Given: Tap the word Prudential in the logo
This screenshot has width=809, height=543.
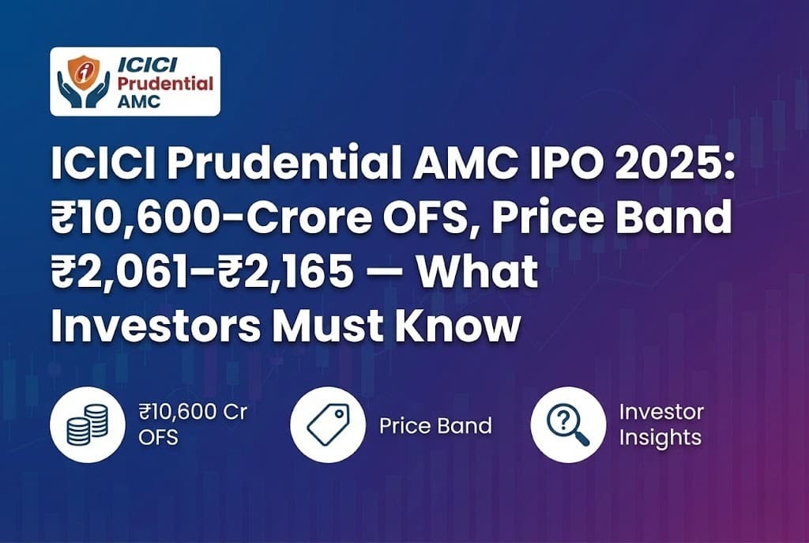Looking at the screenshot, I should pyautogui.click(x=165, y=83).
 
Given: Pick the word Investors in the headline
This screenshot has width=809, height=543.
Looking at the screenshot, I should pyautogui.click(x=154, y=326).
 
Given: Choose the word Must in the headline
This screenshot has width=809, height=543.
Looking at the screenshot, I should pyautogui.click(x=335, y=326).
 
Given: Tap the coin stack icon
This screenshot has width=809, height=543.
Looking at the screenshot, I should pyautogui.click(x=85, y=425).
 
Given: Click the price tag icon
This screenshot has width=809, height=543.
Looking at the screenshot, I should pyautogui.click(x=325, y=425).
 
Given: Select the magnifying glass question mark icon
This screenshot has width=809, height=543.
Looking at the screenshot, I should pyautogui.click(x=566, y=425).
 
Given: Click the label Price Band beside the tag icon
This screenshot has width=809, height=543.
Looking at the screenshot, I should pyautogui.click(x=435, y=426).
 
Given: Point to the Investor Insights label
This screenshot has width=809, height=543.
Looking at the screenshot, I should pyautogui.click(x=661, y=424).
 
